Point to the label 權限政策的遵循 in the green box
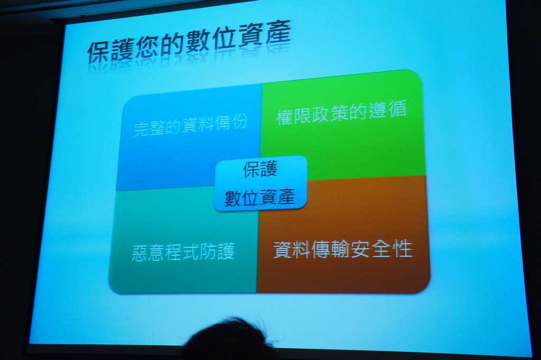tap(342, 112)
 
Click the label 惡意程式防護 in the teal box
tap(183, 252)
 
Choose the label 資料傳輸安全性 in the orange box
tap(342, 249)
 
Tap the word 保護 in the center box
tap(260, 170)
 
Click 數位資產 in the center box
tap(260, 198)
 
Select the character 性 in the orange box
tap(403, 248)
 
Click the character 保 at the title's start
tap(99, 52)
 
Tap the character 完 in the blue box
tap(141, 128)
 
